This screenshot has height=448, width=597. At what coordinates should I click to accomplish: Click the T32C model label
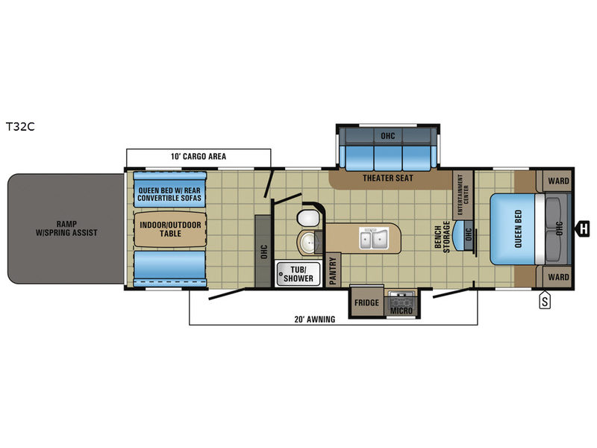(x=20, y=126)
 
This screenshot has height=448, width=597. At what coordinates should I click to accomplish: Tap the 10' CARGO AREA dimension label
(x=199, y=156)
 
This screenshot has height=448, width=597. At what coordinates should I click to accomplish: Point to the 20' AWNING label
(x=315, y=320)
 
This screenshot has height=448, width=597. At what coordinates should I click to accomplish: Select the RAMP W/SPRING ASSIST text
(x=66, y=228)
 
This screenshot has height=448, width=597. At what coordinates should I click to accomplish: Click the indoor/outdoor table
(x=170, y=229)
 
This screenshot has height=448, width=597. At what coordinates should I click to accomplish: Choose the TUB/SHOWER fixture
(x=298, y=273)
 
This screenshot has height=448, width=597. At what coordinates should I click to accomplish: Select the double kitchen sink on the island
(x=374, y=238)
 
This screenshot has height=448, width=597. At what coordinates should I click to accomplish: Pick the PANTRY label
(x=333, y=270)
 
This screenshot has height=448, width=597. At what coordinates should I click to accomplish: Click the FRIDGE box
(x=366, y=302)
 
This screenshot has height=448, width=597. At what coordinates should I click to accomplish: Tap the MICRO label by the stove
(x=401, y=311)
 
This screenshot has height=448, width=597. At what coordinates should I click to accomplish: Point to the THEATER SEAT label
(x=387, y=178)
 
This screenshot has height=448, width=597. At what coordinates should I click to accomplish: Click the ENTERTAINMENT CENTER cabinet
(x=463, y=195)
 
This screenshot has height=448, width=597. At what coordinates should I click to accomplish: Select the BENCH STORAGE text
(x=442, y=237)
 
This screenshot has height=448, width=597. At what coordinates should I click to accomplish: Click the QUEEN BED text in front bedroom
(x=518, y=229)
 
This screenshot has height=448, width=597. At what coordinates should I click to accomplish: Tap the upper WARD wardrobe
(x=554, y=181)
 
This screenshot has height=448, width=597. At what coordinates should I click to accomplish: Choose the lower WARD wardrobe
(x=554, y=277)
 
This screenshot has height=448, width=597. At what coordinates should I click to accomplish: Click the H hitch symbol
(x=584, y=228)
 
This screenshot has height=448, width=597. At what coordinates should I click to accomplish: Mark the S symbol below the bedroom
(x=545, y=301)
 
